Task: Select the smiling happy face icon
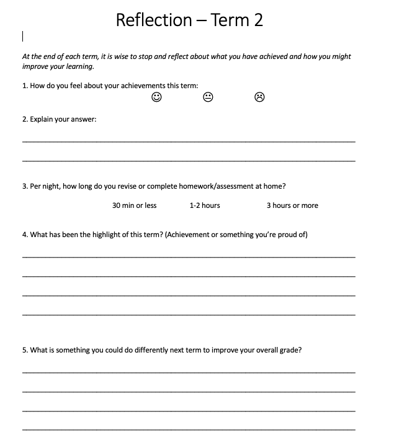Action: [157, 97]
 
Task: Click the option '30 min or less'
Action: [134, 205]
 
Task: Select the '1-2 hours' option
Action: [205, 205]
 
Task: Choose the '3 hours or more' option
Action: [292, 205]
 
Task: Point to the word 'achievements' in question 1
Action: [125, 86]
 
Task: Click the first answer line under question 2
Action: [189, 142]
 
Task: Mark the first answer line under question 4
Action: [189, 256]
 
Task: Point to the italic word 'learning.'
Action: [80, 66]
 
